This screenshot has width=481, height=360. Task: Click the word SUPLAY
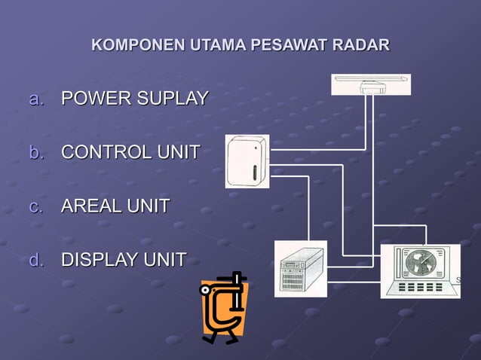click(170, 99)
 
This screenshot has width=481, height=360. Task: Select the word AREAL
click(88, 206)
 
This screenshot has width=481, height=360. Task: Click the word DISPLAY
click(98, 260)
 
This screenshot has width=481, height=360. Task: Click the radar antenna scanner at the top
click(371, 84)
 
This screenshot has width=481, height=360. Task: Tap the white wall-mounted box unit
click(247, 160)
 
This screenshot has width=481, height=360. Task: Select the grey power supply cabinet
click(300, 269)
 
